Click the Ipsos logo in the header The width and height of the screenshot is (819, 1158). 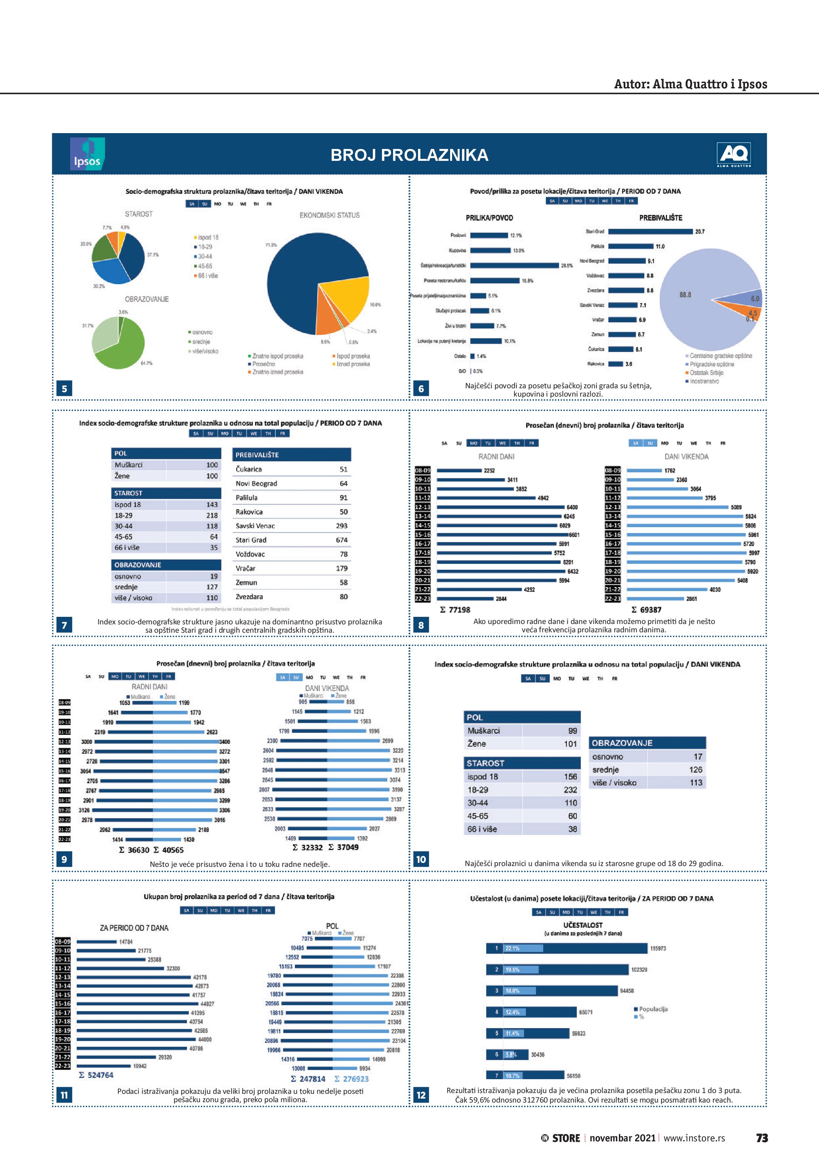pos(87,154)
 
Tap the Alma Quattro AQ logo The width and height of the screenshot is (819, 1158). pos(734,155)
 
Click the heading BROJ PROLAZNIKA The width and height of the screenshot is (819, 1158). pos(409,155)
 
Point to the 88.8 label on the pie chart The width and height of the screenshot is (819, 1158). pos(685,294)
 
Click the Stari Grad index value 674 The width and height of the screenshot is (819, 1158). pos(342,540)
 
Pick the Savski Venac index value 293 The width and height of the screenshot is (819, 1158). pos(342,526)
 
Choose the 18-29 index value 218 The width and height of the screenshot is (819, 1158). pos(212,515)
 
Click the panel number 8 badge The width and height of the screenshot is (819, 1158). pos(421,626)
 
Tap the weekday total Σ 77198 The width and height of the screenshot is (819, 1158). pos(455,610)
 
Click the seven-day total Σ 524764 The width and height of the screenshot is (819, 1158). pos(96,1075)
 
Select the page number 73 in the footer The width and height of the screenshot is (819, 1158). pos(762,1138)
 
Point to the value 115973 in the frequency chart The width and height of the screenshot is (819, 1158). pos(658,948)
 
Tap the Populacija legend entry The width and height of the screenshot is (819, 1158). pos(653,1009)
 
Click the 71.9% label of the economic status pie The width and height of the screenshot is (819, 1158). pos(271,245)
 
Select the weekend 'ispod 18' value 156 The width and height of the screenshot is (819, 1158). pos(571,777)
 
